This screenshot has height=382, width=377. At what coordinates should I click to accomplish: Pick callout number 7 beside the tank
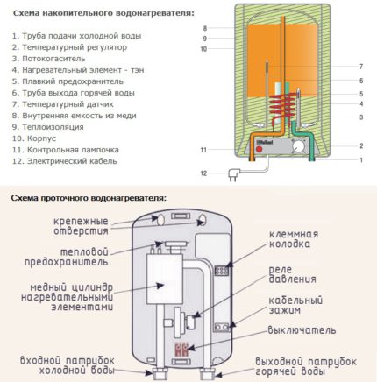(360, 67)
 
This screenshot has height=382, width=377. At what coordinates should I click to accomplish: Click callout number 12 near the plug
(203, 174)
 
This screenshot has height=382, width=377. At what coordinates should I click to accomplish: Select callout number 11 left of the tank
(203, 151)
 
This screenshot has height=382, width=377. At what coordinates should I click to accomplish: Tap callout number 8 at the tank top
(203, 28)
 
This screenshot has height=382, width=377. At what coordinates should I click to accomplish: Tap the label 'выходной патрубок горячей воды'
(308, 366)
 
